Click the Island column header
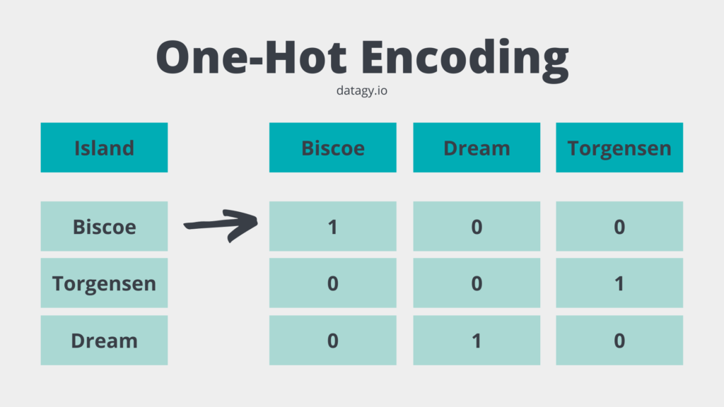coord(104,148)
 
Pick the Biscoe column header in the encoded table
coord(332,148)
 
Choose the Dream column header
coord(477,148)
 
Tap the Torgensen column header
coord(619,148)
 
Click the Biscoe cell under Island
coord(104,227)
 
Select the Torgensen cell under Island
coord(104,283)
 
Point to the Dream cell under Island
coord(104,341)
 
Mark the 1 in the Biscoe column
coord(332,227)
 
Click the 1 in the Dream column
coord(477,341)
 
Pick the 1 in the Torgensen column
coord(619,283)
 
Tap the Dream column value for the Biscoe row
coord(477,227)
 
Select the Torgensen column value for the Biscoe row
coord(619,227)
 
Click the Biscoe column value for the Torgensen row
coord(332,283)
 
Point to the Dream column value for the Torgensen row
coord(477,283)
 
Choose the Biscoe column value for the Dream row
coord(332,341)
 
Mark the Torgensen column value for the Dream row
coord(619,341)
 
